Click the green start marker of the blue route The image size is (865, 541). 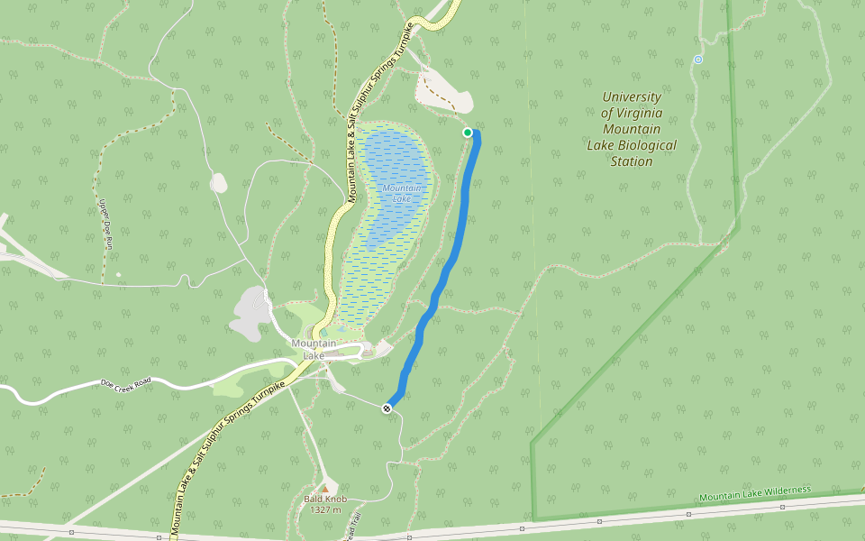tap(468, 133)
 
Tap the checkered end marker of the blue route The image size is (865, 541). tap(387, 408)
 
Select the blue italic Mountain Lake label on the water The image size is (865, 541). tap(396, 193)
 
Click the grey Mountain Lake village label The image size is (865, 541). tap(314, 349)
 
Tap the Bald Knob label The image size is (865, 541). tap(324, 499)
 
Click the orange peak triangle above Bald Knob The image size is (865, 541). tap(324, 488)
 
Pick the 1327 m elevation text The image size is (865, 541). tap(324, 510)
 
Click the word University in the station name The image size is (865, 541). tap(632, 96)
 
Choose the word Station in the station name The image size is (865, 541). tap(631, 161)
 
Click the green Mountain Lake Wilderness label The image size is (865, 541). tap(755, 493)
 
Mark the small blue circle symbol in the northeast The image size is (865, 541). tap(697, 60)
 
